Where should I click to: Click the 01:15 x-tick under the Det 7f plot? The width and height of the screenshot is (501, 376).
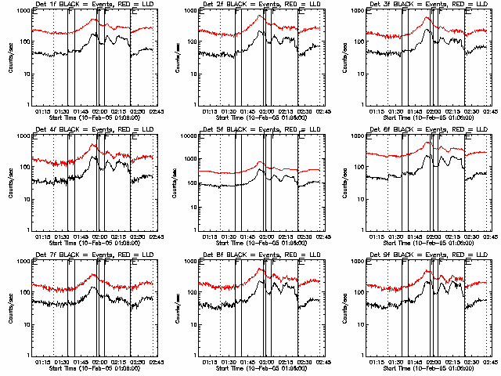click(x=44, y=361)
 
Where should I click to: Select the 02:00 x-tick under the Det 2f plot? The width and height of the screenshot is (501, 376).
click(x=266, y=110)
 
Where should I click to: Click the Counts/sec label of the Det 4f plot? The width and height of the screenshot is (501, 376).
click(x=9, y=182)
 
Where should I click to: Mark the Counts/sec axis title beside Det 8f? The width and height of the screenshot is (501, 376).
click(x=177, y=307)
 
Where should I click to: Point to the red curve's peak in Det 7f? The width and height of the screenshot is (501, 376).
click(x=94, y=275)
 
